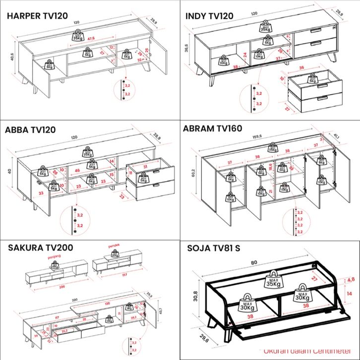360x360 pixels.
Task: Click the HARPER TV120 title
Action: click(x=37, y=16)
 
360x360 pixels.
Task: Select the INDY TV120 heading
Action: click(x=209, y=16)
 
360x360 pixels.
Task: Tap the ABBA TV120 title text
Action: click(x=30, y=130)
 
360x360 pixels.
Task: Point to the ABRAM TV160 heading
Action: click(x=212, y=128)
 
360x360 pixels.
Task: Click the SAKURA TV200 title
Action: click(x=41, y=247)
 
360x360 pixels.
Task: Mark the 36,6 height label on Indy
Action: click(x=187, y=48)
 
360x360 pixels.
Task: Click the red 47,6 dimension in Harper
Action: click(x=91, y=39)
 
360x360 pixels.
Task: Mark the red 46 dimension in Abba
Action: click(x=77, y=170)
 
